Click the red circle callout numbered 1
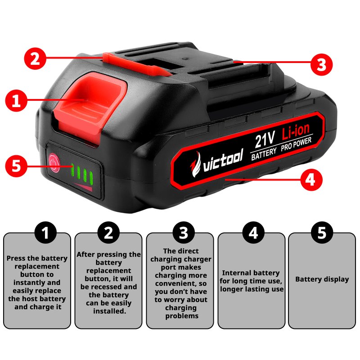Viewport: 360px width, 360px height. click(x=16, y=100)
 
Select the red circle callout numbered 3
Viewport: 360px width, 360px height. click(x=321, y=64)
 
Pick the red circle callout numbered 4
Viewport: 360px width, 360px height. click(x=310, y=179)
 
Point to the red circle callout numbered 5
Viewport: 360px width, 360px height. click(x=16, y=166)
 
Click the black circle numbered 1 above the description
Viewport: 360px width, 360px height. click(x=46, y=233)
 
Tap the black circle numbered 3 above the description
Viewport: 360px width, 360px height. click(x=184, y=233)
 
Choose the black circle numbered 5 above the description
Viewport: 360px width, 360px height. click(x=322, y=233)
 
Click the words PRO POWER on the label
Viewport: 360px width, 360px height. click(x=296, y=144)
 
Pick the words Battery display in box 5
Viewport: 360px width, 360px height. click(x=322, y=279)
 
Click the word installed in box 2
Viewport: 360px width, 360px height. click(x=109, y=311)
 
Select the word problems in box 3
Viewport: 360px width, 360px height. click(x=182, y=316)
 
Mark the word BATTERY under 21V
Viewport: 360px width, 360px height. click(x=264, y=154)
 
